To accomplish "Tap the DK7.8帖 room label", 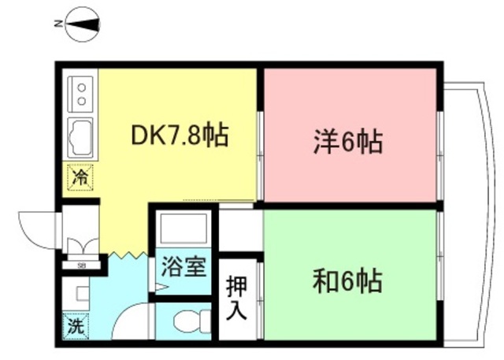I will click(x=179, y=136).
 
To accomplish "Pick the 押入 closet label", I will click(x=236, y=298).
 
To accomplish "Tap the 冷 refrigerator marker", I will click(x=80, y=177).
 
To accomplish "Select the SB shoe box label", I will click(x=81, y=264).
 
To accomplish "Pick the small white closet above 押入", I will click(x=239, y=231).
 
